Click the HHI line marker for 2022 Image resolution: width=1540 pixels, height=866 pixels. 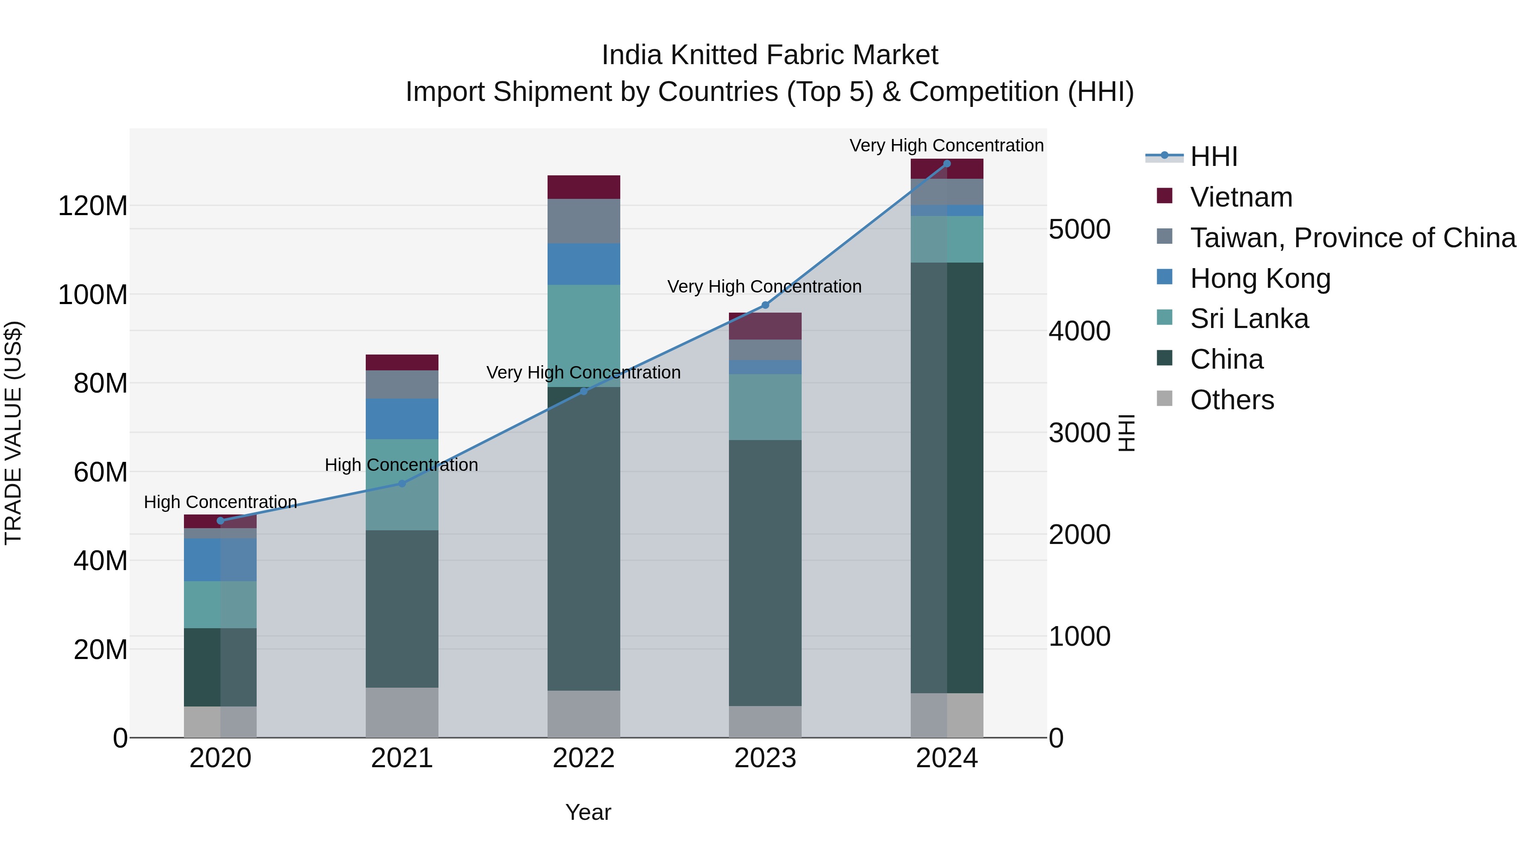583,391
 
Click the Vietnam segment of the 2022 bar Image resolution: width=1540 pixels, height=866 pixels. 583,187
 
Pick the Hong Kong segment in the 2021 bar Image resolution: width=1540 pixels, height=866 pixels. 402,419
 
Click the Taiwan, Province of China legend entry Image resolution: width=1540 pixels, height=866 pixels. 1352,238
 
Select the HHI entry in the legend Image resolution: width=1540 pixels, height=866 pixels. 1213,157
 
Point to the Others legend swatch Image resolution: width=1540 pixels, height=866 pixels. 1164,399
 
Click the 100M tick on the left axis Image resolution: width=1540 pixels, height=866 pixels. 93,295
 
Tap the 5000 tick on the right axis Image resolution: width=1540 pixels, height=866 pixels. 1079,230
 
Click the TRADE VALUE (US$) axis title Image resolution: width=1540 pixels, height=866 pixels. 14,433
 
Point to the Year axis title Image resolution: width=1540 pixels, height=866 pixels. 588,812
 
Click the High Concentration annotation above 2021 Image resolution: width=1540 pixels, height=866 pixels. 401,465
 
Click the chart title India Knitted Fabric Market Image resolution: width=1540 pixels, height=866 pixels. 770,55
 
